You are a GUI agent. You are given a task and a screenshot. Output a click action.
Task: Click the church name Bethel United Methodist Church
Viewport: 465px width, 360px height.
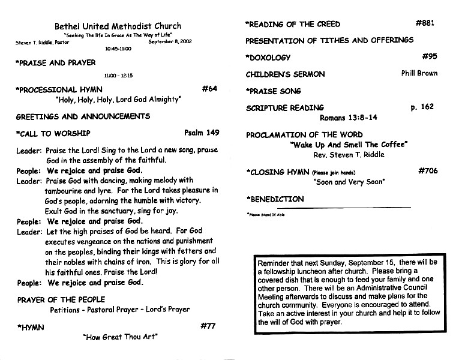coord(118,26)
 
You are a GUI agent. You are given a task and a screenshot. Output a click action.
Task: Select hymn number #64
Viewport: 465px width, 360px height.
coord(209,89)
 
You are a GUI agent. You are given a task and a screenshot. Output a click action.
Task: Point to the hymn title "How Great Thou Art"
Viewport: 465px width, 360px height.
coord(120,337)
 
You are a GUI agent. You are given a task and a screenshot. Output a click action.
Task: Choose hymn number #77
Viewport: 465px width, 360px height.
coord(208,326)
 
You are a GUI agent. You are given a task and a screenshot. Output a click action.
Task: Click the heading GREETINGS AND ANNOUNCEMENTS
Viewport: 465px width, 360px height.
coord(83,116)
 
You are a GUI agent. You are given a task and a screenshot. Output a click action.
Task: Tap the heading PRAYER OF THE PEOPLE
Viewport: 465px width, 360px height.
coord(61,299)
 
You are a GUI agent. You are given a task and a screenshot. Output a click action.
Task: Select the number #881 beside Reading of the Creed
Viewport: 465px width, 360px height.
coord(425,23)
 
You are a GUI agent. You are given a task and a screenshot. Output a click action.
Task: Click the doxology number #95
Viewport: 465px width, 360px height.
coord(430,56)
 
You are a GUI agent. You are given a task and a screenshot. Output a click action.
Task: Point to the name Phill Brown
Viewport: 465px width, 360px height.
coord(419,73)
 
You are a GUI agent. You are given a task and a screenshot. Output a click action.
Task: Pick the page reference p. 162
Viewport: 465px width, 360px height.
coord(422,107)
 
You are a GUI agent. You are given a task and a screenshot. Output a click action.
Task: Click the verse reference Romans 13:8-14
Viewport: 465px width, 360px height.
coord(349,118)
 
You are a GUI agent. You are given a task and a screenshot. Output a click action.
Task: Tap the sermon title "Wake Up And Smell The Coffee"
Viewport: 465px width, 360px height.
coord(349,145)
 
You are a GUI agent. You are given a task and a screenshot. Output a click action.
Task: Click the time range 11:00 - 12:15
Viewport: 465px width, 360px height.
coord(118,76)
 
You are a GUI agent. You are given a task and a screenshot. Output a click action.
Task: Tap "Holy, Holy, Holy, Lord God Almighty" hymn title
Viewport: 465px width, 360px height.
coord(118,100)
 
